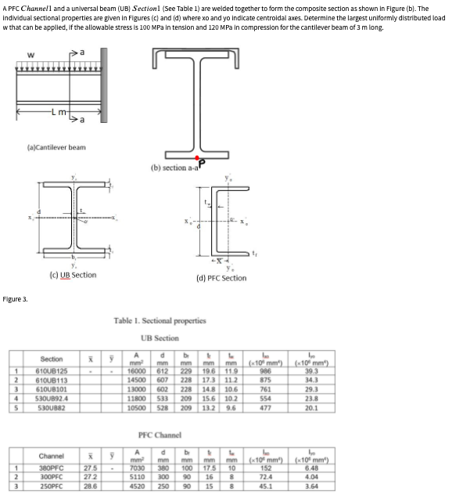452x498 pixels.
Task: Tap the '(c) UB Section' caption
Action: (x=72, y=275)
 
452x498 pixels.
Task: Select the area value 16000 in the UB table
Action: (x=136, y=371)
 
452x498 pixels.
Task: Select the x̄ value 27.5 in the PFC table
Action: (x=91, y=470)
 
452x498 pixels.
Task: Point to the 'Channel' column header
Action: (x=51, y=456)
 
